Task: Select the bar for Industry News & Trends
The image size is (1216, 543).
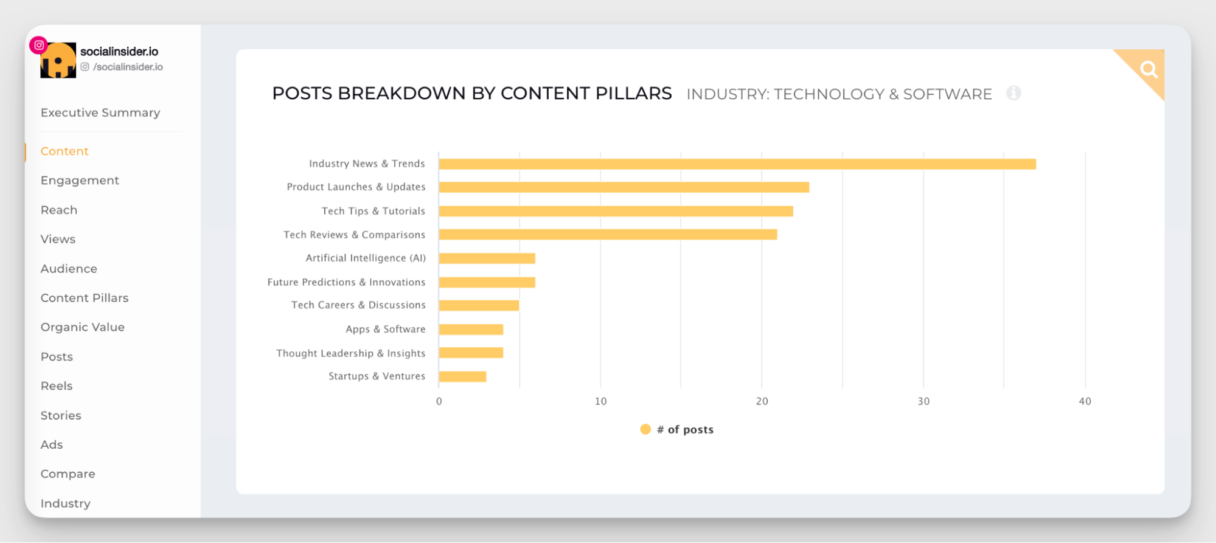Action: tap(737, 164)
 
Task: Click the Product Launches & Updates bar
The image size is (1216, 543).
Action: tap(624, 187)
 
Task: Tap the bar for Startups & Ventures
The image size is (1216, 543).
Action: tap(462, 376)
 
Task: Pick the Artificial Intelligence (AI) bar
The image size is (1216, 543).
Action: tap(487, 258)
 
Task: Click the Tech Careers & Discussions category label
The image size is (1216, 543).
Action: tap(358, 305)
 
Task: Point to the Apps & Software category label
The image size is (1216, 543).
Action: tap(385, 329)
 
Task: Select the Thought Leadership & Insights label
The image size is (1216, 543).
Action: tap(350, 353)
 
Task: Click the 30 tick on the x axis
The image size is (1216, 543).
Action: tap(923, 401)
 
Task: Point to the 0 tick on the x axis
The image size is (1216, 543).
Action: tap(439, 401)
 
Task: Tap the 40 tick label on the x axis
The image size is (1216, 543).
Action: tap(1085, 401)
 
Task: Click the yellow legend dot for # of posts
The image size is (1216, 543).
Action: tap(645, 429)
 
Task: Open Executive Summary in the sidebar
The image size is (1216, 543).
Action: tap(100, 112)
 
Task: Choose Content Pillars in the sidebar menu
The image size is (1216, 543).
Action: tap(85, 298)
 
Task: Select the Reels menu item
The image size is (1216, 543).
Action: tap(57, 386)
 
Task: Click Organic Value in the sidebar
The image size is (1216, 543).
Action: tap(83, 327)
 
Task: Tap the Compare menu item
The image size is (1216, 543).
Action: tap(68, 474)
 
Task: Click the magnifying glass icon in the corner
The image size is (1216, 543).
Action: tap(1148, 70)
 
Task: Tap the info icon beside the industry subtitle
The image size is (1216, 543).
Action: tap(1013, 93)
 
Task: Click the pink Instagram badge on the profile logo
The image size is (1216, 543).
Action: tap(39, 45)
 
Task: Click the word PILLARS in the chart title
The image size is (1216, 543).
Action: tap(633, 94)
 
